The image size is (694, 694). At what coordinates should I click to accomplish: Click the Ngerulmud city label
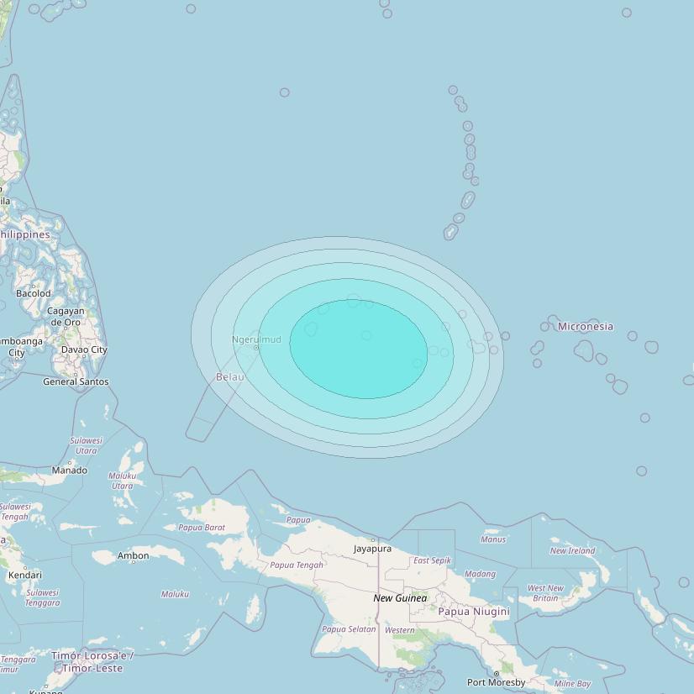(x=256, y=339)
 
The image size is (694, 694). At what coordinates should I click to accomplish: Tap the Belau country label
(x=230, y=377)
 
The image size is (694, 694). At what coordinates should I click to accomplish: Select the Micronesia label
(x=586, y=326)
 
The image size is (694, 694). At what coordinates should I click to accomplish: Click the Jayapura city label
(x=372, y=549)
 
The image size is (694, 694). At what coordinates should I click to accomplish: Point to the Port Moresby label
(x=496, y=682)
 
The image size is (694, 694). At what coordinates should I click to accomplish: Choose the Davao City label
(x=84, y=350)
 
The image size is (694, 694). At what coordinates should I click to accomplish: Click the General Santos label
(x=76, y=381)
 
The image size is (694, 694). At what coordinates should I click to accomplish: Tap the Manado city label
(x=70, y=471)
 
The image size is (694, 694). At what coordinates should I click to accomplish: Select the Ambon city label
(x=133, y=555)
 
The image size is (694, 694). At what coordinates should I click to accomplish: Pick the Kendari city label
(x=24, y=576)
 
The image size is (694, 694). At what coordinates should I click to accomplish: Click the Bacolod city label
(x=34, y=293)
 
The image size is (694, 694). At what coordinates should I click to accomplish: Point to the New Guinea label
(x=400, y=598)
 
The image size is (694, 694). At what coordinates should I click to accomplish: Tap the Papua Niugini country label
(x=474, y=612)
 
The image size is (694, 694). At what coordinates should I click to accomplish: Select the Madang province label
(x=480, y=574)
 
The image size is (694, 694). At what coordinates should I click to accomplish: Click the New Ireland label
(x=572, y=551)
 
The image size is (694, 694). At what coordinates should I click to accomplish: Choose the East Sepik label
(x=432, y=560)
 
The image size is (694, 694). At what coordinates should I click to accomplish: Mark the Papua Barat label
(x=202, y=528)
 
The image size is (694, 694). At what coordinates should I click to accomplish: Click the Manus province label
(x=493, y=539)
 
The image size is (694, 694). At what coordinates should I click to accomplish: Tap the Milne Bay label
(x=572, y=684)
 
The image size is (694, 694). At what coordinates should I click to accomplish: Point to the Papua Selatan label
(x=349, y=629)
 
